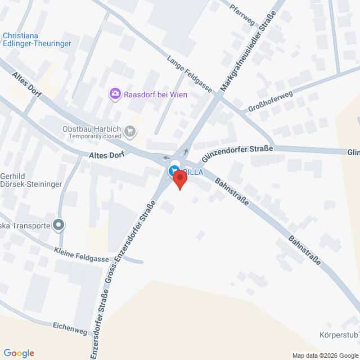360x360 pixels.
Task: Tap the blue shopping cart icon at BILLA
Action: point(173,170)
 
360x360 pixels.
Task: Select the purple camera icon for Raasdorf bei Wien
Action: point(115,94)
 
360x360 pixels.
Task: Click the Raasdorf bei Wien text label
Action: point(156,94)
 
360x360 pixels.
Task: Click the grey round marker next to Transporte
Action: point(58,226)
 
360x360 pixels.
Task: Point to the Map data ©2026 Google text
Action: point(325,355)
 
